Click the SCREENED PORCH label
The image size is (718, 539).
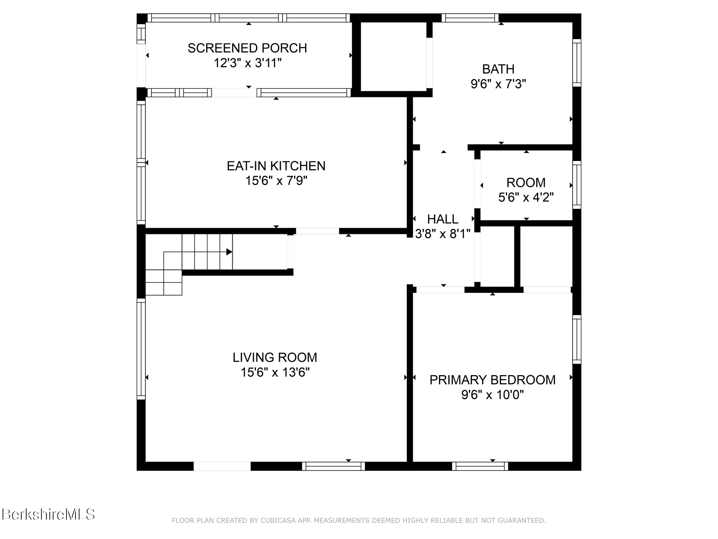(x=247, y=48)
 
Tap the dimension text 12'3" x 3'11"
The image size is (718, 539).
(x=247, y=63)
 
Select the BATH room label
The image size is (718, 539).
(x=498, y=69)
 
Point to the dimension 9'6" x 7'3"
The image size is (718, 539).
(x=498, y=84)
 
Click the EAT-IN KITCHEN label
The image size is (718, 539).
(x=276, y=166)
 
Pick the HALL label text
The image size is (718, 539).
(x=442, y=219)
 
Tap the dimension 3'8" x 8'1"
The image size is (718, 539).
(x=442, y=234)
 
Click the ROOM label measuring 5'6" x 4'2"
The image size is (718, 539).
(x=526, y=183)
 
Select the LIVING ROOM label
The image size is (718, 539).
(x=275, y=357)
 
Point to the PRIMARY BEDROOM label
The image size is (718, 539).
(x=492, y=380)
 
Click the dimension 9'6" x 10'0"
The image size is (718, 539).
(x=492, y=395)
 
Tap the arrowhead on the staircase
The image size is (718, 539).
(x=229, y=252)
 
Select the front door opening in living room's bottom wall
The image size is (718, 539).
(x=222, y=466)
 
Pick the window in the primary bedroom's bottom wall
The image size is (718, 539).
(x=480, y=466)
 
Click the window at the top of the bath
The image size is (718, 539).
(x=470, y=18)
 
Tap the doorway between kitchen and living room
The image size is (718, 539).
(x=317, y=231)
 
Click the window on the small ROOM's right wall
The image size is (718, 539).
(x=577, y=185)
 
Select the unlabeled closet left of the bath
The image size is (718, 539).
(x=393, y=56)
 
